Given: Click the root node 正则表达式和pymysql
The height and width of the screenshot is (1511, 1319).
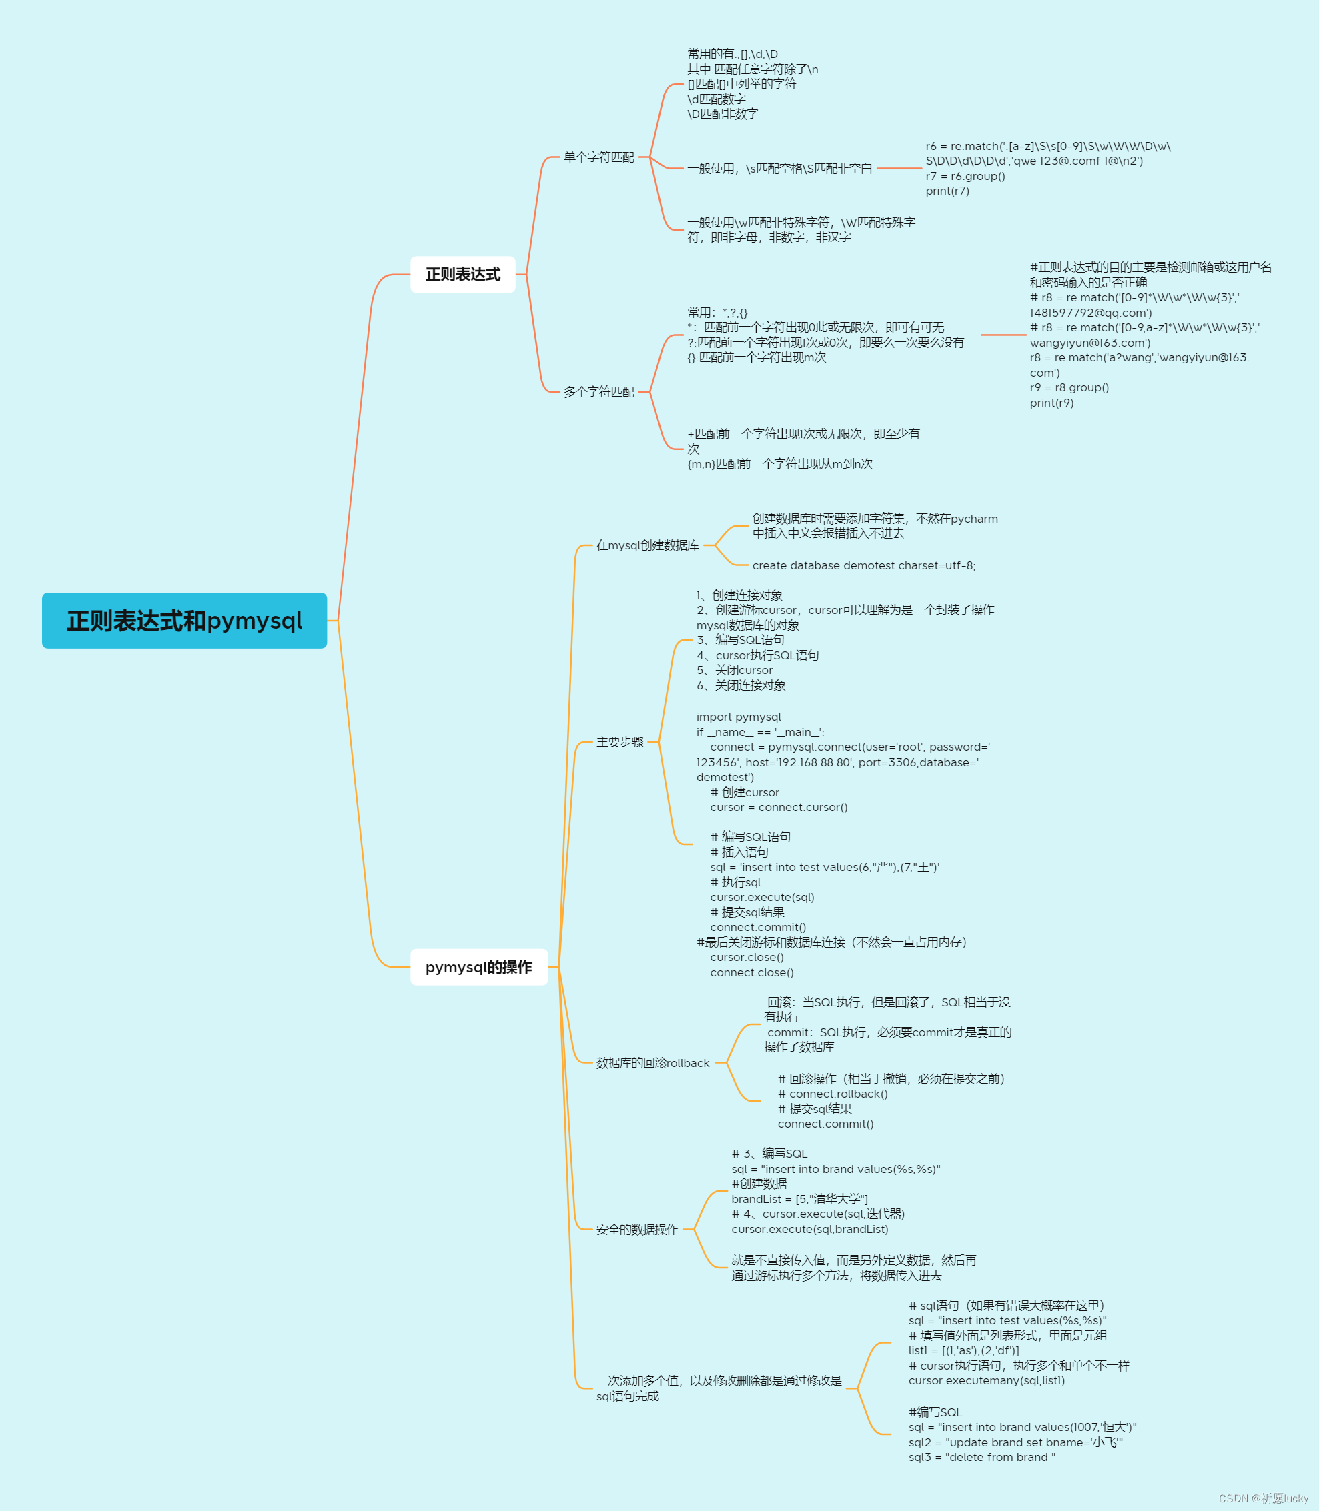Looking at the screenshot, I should (184, 621).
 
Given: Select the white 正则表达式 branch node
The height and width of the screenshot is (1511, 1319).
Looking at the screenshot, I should (462, 274).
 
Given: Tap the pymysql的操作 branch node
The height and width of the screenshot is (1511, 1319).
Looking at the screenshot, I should (478, 967).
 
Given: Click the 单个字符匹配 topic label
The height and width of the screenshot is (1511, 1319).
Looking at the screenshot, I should (598, 157).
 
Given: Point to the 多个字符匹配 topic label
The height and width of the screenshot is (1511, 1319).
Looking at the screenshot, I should (598, 392).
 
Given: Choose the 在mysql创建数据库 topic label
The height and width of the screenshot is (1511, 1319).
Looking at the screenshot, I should (647, 545).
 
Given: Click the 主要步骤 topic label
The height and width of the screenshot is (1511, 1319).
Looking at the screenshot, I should (620, 742).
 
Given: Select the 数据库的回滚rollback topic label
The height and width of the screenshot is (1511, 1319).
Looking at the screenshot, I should (652, 1063).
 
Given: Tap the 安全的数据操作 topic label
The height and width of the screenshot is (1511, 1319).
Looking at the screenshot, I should (636, 1229).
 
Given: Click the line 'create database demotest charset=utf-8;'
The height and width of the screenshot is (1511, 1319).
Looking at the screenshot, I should (863, 565).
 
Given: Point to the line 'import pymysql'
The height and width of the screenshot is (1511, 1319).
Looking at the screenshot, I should (739, 717).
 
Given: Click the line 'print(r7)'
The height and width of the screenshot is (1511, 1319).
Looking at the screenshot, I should (947, 191).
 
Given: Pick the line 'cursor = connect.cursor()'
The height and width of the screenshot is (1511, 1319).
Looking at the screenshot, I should (778, 807).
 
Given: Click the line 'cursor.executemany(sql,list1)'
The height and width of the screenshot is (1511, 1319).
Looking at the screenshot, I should (986, 1381).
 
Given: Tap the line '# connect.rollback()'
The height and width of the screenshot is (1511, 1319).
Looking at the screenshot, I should (833, 1094).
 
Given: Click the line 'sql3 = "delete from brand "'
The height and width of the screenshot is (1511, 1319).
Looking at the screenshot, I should (981, 1457).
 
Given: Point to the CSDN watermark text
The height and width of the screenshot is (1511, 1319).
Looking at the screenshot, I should (1263, 1498).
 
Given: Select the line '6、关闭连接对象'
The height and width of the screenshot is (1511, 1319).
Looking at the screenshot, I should (741, 685).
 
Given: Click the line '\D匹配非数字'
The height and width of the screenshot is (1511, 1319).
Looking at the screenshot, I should (722, 114).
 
